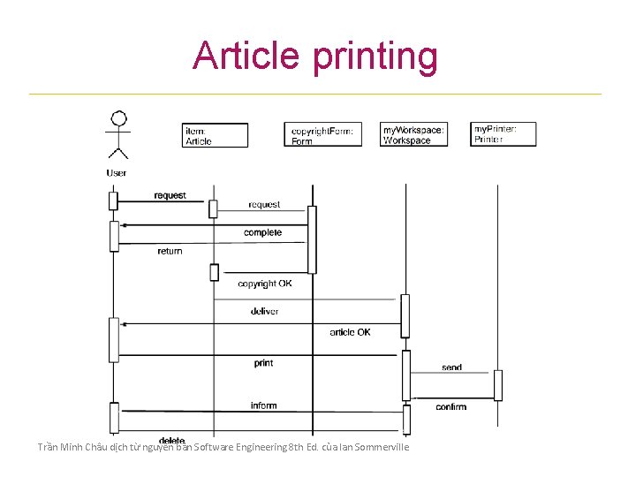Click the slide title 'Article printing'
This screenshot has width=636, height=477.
pos(315,56)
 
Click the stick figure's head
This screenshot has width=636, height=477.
pos(117,118)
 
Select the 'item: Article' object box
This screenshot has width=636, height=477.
pos(216,135)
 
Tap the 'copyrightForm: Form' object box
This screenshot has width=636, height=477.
pos(322,135)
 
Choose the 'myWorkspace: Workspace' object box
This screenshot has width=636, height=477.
pos(413,134)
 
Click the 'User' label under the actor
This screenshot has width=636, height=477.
pos(117,173)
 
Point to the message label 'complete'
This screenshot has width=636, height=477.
pos(262,232)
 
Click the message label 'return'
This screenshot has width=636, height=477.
pos(170,251)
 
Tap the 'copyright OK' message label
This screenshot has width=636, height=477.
pos(264,284)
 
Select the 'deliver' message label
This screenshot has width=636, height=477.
pos(264,311)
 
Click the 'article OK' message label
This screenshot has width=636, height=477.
pos(350,332)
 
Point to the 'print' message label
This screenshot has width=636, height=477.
pos(263,363)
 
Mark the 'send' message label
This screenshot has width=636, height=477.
pos(451,367)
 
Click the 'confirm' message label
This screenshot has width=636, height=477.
pos(450,407)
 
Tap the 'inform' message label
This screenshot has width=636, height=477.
pos(263,405)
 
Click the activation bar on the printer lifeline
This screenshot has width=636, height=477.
pos(498,385)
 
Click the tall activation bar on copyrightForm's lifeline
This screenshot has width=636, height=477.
pos(312,239)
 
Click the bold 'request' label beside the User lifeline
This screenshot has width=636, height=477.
pos(170,195)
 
